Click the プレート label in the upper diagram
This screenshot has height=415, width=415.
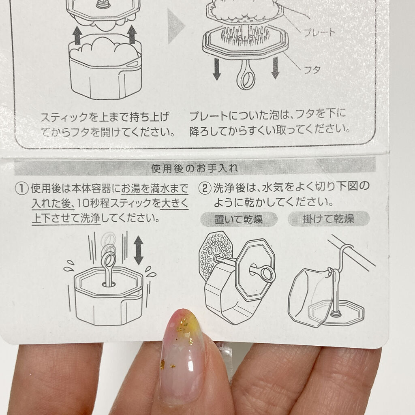point(319,33)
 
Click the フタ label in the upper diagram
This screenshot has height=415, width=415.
point(312,70)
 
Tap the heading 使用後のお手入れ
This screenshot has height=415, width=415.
point(195,168)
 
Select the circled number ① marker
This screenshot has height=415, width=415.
point(22,188)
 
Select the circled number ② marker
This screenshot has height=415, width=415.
point(205,188)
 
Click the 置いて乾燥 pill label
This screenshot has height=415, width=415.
point(239,219)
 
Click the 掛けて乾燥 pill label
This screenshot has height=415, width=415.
point(328,219)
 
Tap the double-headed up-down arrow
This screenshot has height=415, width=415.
point(139,250)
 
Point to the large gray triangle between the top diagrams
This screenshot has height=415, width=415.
point(176,26)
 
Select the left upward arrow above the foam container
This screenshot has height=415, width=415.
point(77,35)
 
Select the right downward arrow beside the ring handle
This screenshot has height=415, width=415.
point(276,68)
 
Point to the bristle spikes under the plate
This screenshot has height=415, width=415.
point(245,35)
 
